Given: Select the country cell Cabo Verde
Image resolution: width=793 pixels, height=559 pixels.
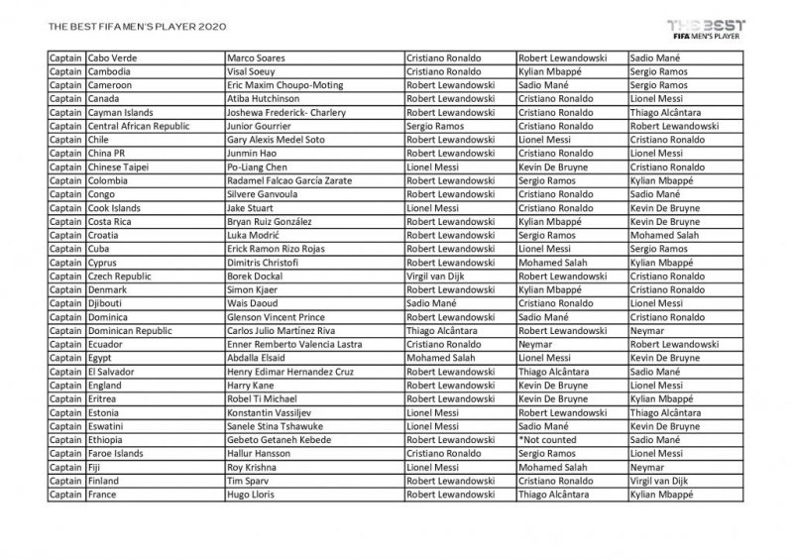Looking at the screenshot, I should tap(113, 58).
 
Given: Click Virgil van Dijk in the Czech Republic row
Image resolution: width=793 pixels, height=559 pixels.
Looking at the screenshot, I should tap(438, 277).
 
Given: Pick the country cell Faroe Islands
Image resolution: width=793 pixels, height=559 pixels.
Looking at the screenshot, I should tap(116, 453).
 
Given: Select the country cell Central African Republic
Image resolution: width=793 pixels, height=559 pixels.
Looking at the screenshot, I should tap(139, 127).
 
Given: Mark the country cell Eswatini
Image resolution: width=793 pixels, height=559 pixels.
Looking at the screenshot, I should tap(108, 426).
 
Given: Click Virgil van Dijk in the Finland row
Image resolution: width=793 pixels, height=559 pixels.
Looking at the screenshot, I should tap(661, 481).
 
